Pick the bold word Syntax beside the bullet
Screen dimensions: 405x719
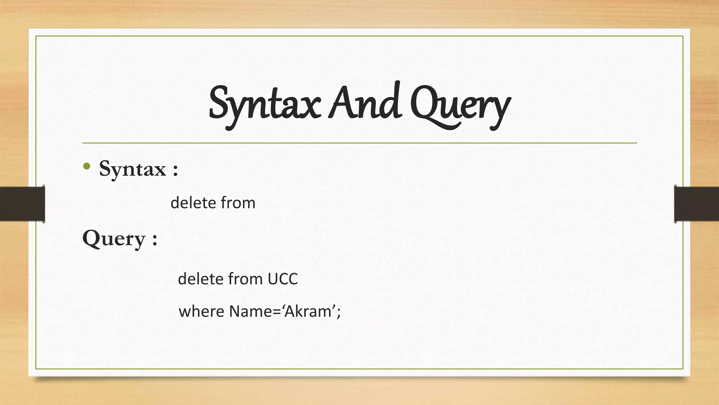coord(132,169)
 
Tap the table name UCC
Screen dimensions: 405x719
coord(283,279)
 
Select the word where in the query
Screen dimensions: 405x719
coord(202,311)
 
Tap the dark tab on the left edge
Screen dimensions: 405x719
coord(22,204)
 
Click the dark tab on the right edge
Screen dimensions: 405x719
coord(697,204)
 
